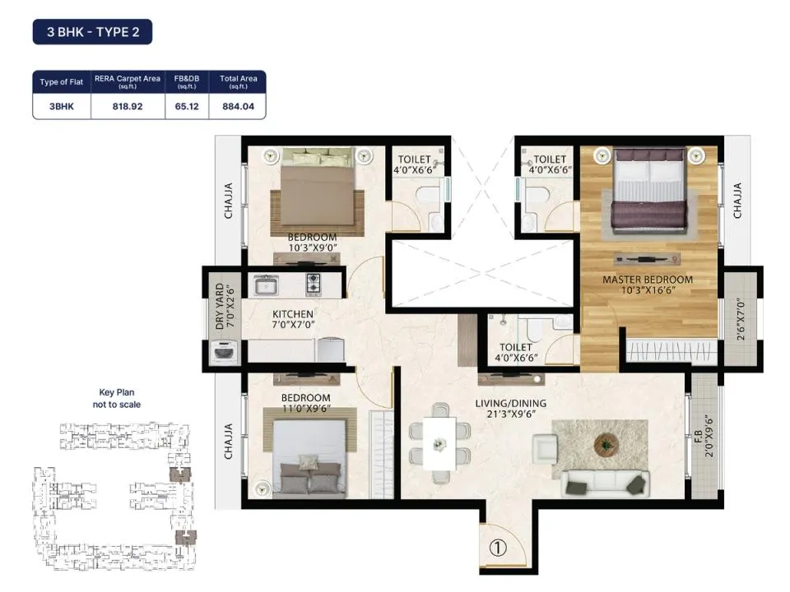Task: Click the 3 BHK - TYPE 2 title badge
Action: (92, 32)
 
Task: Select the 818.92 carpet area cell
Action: (128, 106)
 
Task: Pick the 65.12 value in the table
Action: (187, 106)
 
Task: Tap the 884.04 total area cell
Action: (239, 106)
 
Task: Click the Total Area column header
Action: (239, 81)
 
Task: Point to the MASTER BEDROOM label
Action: (648, 280)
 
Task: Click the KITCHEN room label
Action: (293, 314)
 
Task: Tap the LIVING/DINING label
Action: (510, 403)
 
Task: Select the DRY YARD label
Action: (220, 307)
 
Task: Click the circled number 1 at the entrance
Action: (498, 548)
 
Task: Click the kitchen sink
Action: (266, 285)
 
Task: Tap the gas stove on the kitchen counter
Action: (314, 285)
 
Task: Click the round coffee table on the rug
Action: (606, 445)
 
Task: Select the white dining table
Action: (439, 443)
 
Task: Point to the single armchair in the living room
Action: (545, 448)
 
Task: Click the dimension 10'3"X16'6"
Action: (648, 290)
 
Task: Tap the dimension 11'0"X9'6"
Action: (306, 409)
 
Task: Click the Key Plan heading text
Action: (117, 392)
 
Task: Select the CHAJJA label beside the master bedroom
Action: (737, 201)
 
